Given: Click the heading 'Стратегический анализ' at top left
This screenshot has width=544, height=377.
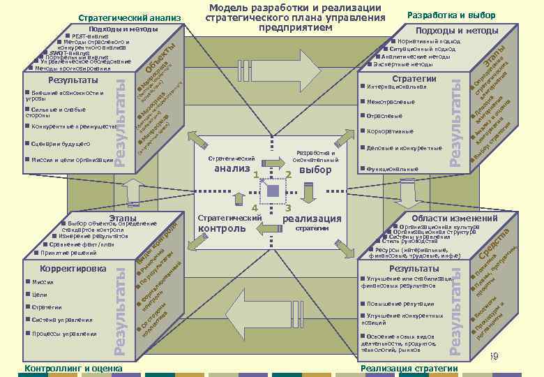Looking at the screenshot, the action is (x=130, y=17).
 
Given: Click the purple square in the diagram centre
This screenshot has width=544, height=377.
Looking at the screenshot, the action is (x=273, y=190).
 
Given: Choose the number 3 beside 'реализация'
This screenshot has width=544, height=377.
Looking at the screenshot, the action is (x=287, y=208).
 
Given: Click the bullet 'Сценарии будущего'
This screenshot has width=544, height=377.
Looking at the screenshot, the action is (x=60, y=144).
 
